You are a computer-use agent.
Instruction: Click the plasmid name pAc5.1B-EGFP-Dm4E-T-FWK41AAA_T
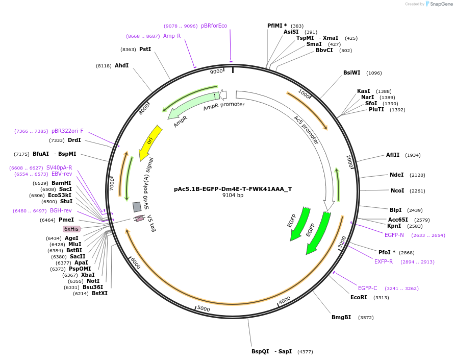click(233, 188)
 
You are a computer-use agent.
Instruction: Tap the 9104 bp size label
click(233, 195)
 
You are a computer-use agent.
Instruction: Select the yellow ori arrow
click(150, 141)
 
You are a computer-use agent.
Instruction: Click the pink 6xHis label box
click(71, 229)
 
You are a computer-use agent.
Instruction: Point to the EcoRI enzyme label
click(359, 297)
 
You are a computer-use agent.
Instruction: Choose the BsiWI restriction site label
click(351, 73)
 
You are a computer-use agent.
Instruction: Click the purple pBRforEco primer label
click(214, 26)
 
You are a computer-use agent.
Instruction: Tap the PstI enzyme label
click(145, 49)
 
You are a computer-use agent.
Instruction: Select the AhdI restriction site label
click(121, 65)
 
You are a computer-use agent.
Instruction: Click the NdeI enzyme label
click(396, 175)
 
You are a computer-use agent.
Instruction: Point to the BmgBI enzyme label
click(341, 317)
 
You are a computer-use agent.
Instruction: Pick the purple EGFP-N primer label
click(394, 235)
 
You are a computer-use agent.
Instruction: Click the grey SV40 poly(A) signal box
click(137, 207)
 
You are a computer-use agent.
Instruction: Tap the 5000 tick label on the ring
click(204, 308)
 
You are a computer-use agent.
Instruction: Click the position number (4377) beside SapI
click(305, 351)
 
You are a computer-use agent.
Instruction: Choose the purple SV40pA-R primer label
click(59, 167)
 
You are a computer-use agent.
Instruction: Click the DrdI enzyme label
click(74, 140)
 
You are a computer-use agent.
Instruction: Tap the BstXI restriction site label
click(99, 293)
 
